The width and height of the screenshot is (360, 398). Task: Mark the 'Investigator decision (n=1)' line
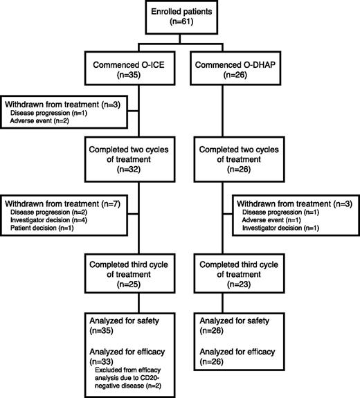(x=282, y=229)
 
